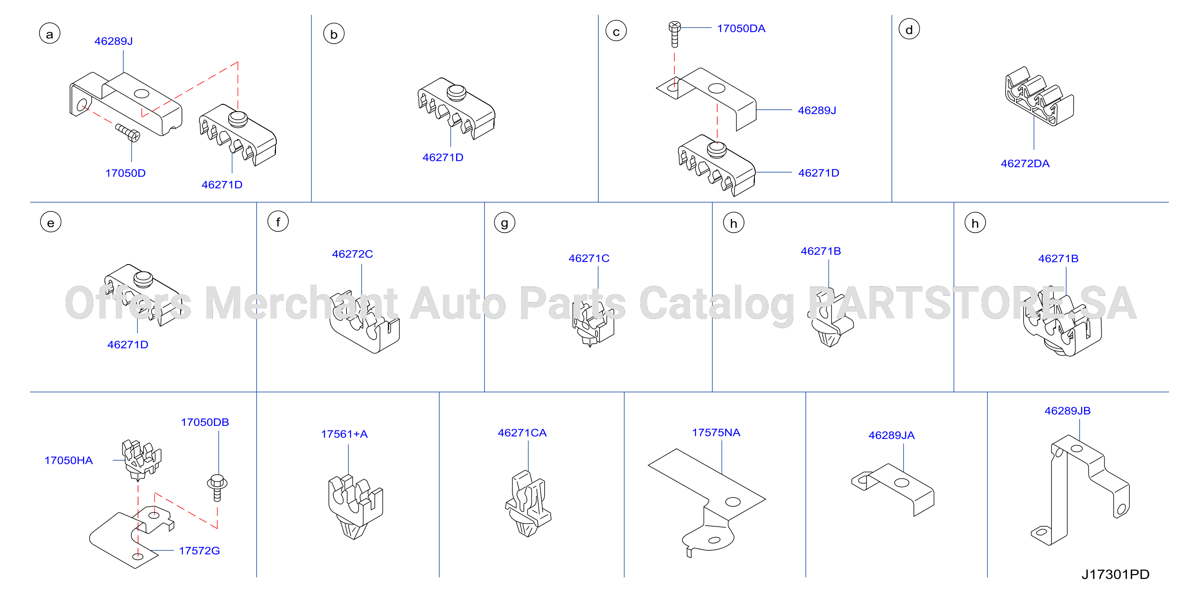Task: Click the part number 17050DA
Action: pyautogui.click(x=741, y=28)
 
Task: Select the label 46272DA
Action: pyautogui.click(x=1025, y=164)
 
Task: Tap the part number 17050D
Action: pyautogui.click(x=125, y=173)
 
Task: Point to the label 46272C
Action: pyautogui.click(x=352, y=254)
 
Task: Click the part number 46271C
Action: pyautogui.click(x=589, y=258)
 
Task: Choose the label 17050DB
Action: pyautogui.click(x=205, y=422)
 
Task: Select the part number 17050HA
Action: pyautogui.click(x=68, y=460)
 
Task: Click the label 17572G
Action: pyautogui.click(x=199, y=551)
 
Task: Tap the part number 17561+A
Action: pyautogui.click(x=344, y=434)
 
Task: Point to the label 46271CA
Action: pyautogui.click(x=522, y=433)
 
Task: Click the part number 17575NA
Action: pyautogui.click(x=716, y=433)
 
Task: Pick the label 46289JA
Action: pyautogui.click(x=891, y=435)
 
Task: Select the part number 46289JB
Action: pyautogui.click(x=1067, y=411)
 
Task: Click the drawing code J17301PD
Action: pyautogui.click(x=1115, y=574)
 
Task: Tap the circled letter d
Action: pyautogui.click(x=909, y=30)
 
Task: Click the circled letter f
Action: pyautogui.click(x=278, y=222)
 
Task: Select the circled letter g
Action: pyautogui.click(x=505, y=223)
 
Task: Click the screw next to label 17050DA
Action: pyautogui.click(x=674, y=34)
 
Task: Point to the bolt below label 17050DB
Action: pyautogui.click(x=217, y=488)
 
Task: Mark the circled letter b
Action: pyautogui.click(x=334, y=34)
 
